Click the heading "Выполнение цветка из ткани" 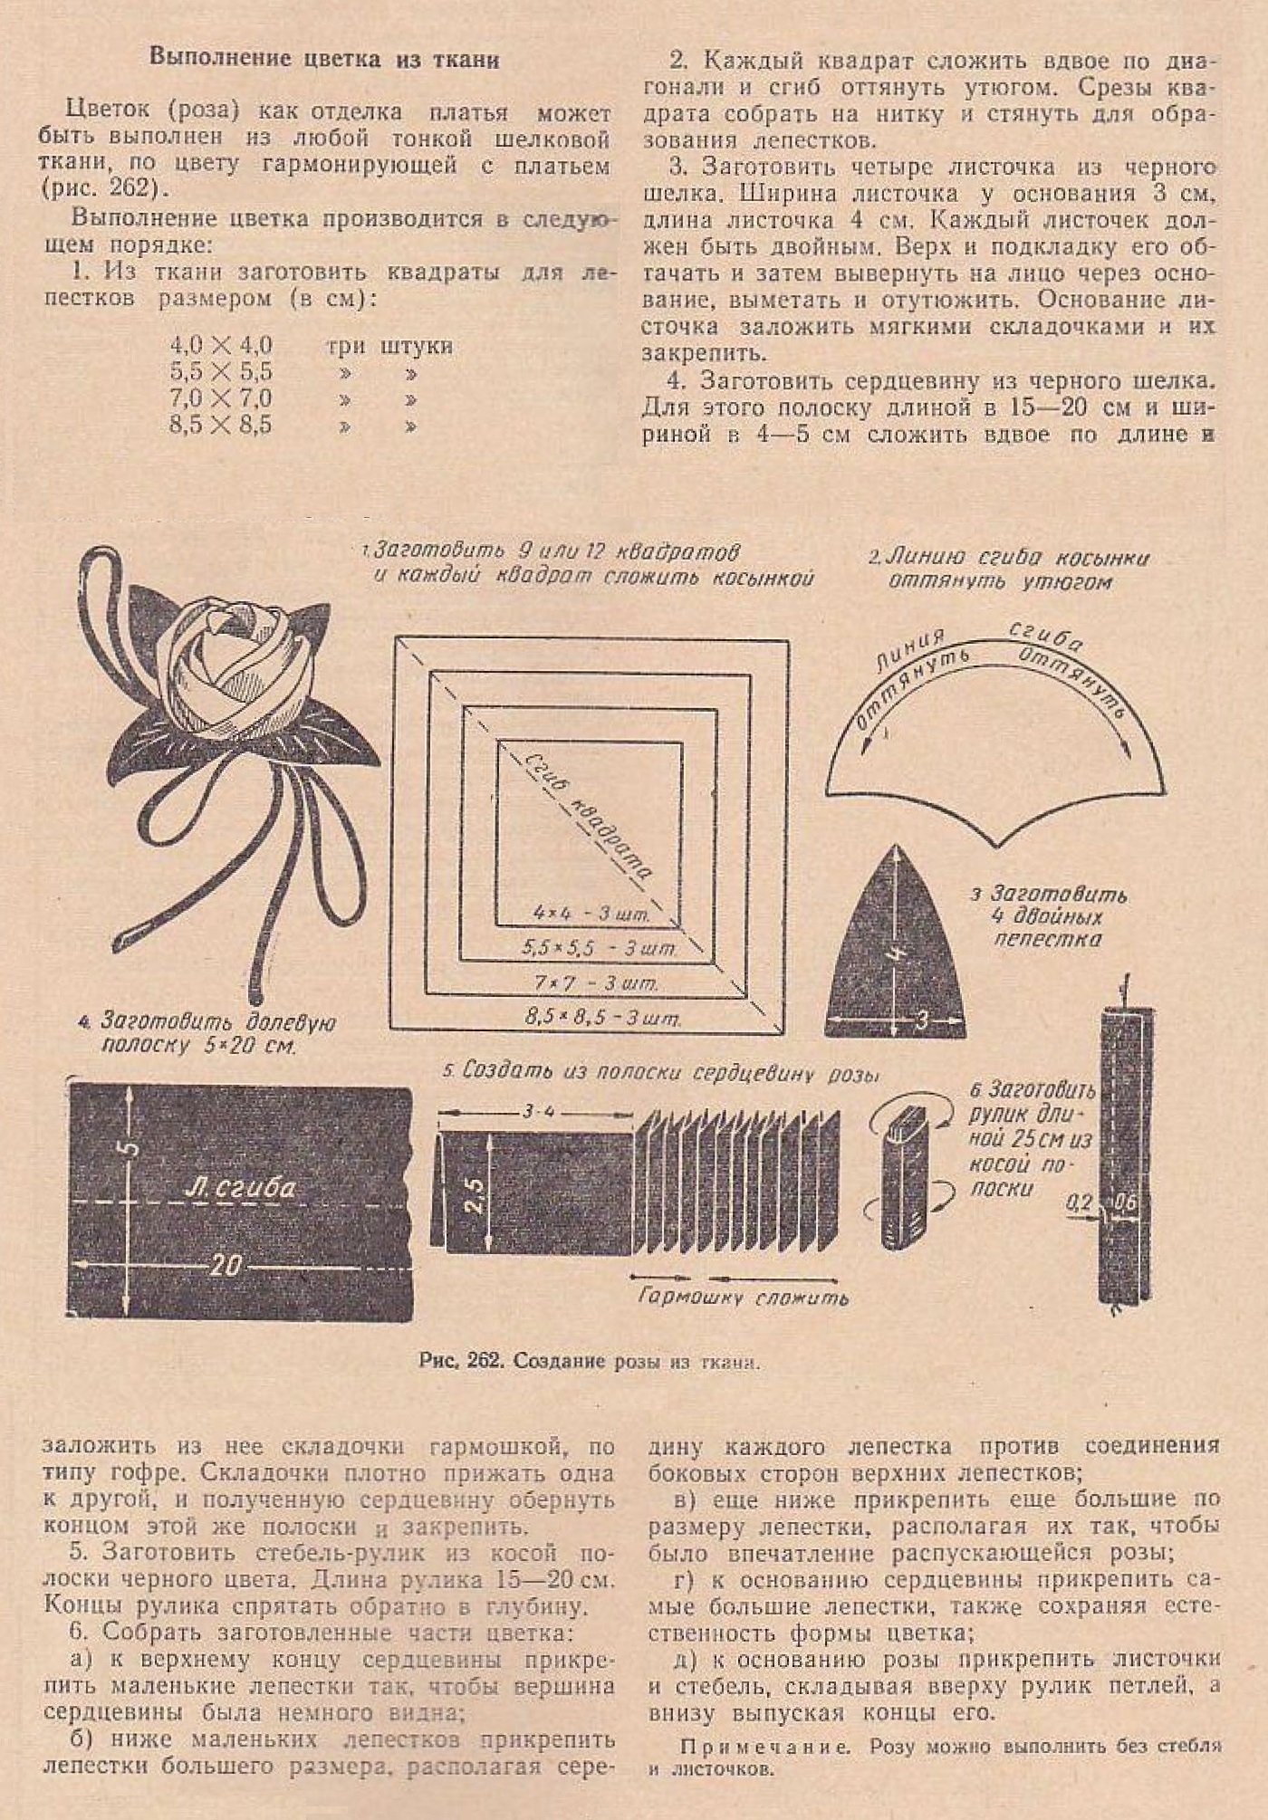(x=324, y=60)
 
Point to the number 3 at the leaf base (x=921, y=1021)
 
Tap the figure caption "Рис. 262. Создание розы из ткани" (x=589, y=1362)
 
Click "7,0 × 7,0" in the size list (x=220, y=398)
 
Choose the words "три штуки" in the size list (x=389, y=346)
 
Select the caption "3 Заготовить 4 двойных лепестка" (x=1049, y=916)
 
